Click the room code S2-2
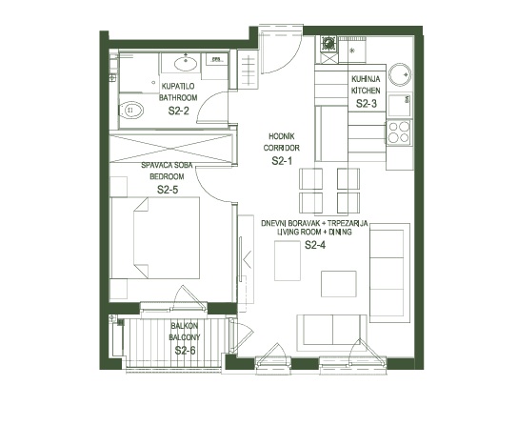(x=178, y=111)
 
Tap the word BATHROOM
(x=178, y=97)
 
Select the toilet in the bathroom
(x=130, y=110)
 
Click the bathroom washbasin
(x=186, y=64)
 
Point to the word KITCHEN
(x=366, y=91)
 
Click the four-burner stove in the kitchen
(x=399, y=132)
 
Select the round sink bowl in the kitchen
(x=400, y=74)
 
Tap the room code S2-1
(x=282, y=161)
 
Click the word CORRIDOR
(x=281, y=148)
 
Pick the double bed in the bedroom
(x=155, y=237)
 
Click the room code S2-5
(x=168, y=190)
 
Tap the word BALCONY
(x=185, y=337)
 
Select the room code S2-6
(x=185, y=351)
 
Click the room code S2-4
(x=315, y=245)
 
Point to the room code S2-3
(x=367, y=104)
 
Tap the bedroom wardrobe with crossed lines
(x=171, y=148)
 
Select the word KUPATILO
(x=178, y=87)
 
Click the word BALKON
(x=185, y=326)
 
